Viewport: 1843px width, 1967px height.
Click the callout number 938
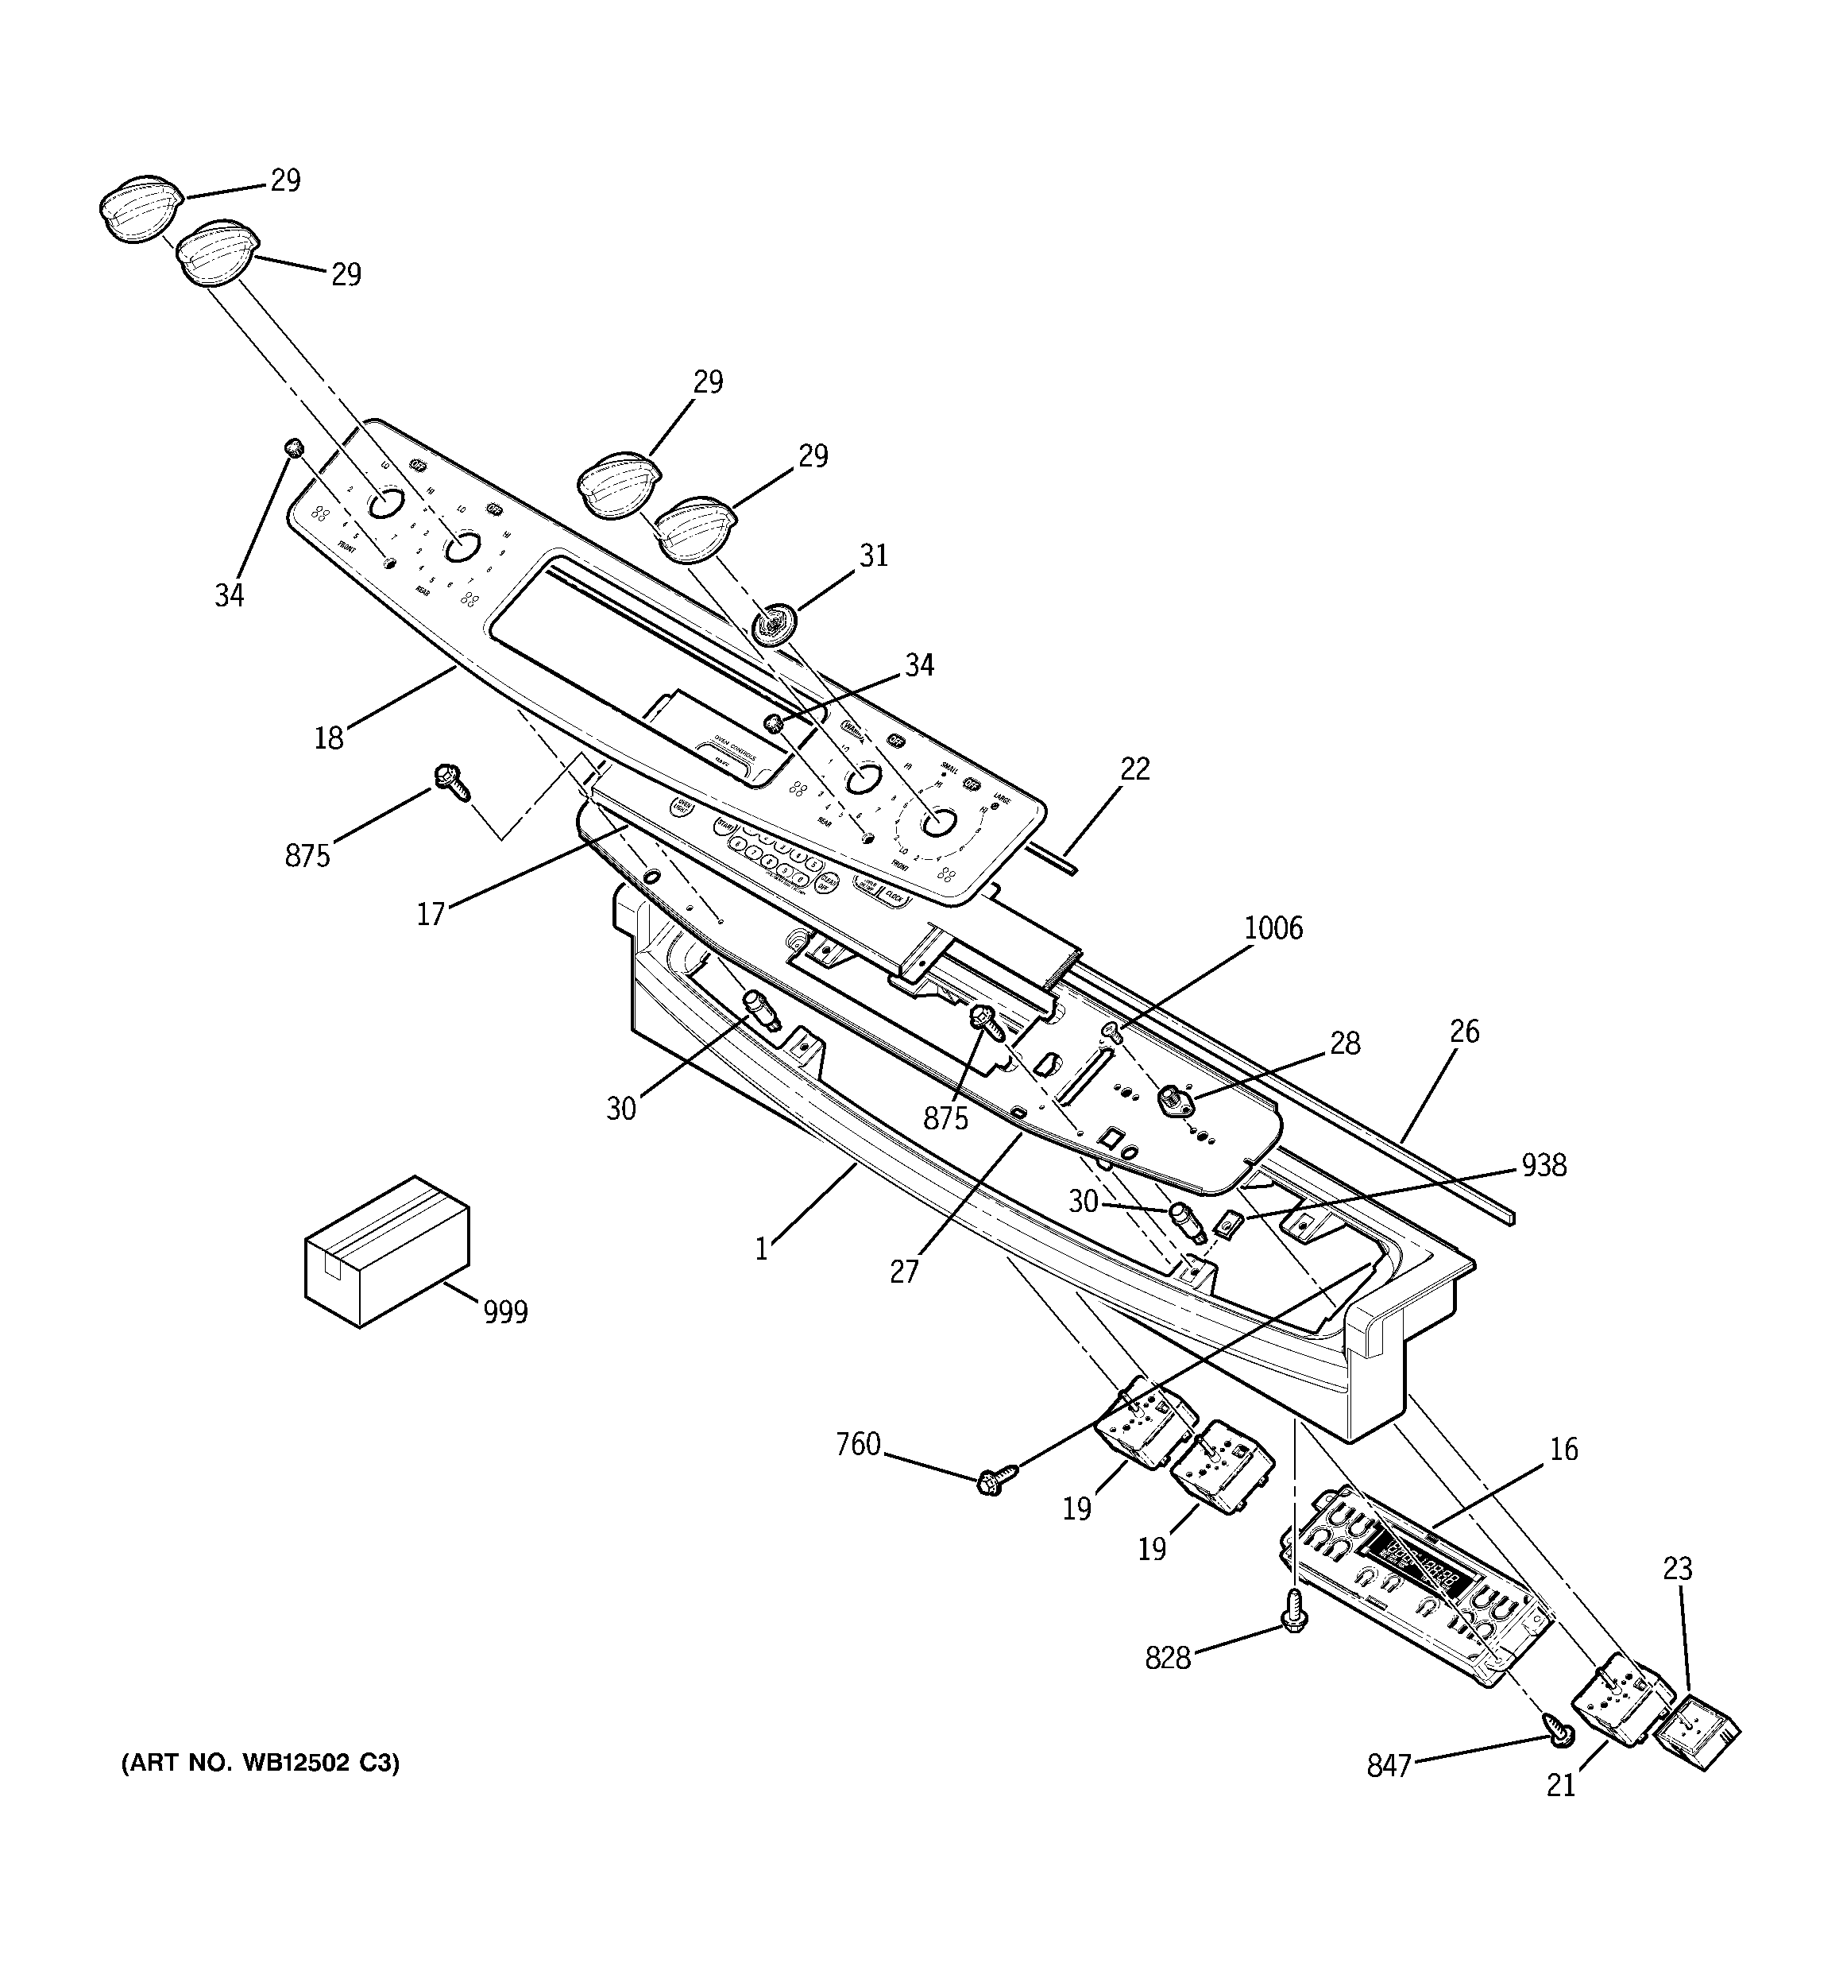(1544, 1166)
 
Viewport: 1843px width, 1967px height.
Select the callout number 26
(1464, 1032)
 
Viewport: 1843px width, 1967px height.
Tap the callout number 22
(1134, 769)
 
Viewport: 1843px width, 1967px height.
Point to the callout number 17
(431, 914)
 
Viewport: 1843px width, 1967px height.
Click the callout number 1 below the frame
(761, 1249)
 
